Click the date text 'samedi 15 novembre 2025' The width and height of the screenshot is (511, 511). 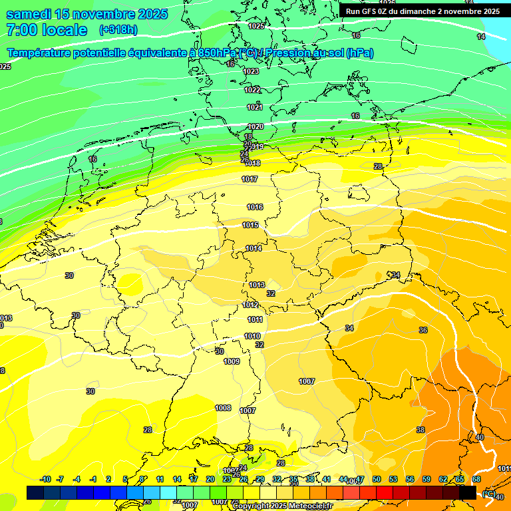point(86,14)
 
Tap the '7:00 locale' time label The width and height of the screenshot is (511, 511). point(47,30)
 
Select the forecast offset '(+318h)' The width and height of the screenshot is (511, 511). point(118,30)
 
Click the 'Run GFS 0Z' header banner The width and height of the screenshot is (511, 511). point(423,11)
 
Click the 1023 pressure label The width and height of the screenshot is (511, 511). point(251,71)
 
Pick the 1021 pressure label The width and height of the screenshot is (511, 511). point(255,107)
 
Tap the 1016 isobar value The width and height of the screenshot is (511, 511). point(254,207)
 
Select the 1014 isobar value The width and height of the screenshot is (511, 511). point(253,248)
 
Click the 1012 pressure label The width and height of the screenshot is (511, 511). point(250,305)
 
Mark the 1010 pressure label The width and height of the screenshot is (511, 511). point(252,336)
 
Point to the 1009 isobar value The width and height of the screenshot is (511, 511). point(232,361)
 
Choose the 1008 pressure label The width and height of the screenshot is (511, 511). point(223,408)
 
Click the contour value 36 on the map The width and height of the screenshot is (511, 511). point(423,330)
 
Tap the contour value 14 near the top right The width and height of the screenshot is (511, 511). point(481,37)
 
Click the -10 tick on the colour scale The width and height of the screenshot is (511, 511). point(45,479)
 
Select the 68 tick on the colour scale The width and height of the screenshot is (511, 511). point(476,479)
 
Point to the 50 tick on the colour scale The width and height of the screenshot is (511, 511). point(377,479)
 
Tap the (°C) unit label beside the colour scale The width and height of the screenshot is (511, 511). point(488,493)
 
